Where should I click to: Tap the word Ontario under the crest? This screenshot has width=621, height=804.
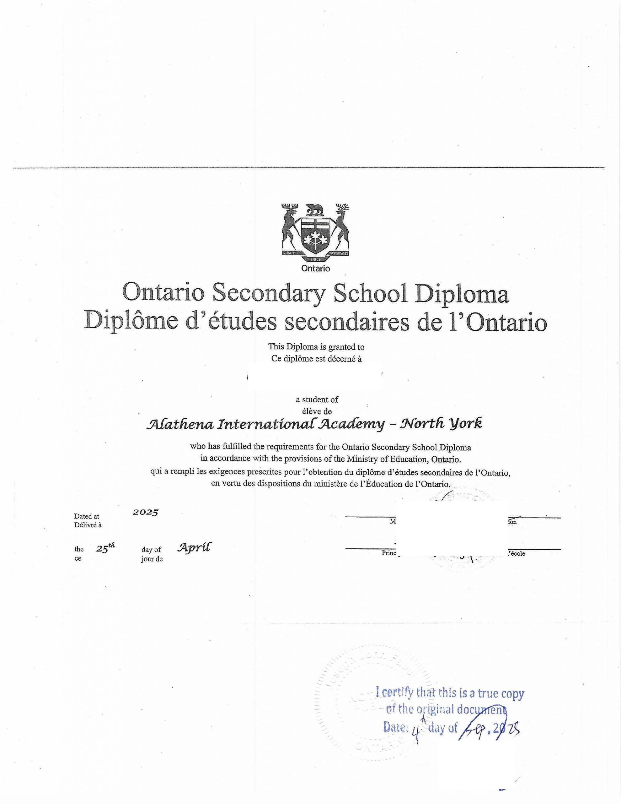(315, 269)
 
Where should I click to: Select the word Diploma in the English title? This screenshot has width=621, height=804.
(462, 294)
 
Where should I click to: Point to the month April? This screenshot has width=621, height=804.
(195, 548)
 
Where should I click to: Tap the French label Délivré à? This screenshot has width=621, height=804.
(88, 525)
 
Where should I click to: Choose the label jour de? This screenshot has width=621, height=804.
(152, 559)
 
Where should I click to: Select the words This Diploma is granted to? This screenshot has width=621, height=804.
(316, 346)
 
